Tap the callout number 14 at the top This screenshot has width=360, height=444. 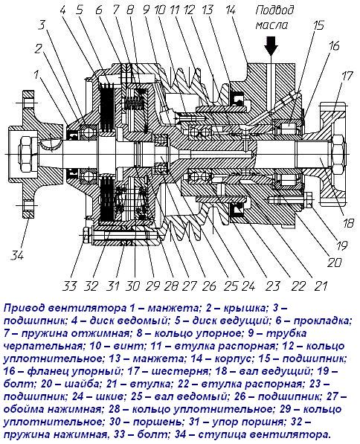click(230, 10)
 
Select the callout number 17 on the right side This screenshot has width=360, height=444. click(346, 76)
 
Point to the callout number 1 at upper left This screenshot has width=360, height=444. click(36, 75)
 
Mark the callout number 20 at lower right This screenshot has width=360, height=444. click(335, 263)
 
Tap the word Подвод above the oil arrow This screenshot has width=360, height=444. click(274, 10)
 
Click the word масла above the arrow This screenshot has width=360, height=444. click(271, 25)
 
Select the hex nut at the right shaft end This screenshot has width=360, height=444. click(338, 155)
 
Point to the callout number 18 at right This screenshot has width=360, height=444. click(348, 223)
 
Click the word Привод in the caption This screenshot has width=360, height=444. click(22, 308)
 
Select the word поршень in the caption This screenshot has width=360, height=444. click(157, 422)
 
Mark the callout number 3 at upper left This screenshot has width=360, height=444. click(42, 25)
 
